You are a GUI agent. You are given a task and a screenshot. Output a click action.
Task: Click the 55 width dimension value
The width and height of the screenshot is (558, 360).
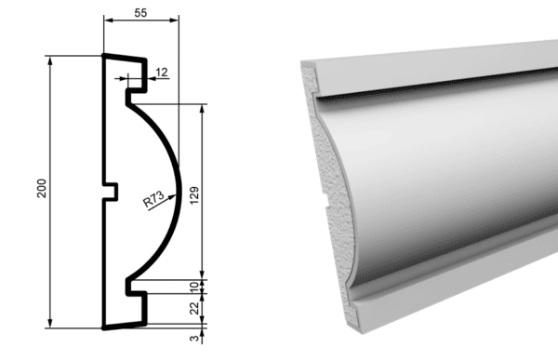pyautogui.click(x=140, y=13)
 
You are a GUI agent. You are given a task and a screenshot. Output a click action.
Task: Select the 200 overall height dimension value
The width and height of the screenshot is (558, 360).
pyautogui.click(x=42, y=188)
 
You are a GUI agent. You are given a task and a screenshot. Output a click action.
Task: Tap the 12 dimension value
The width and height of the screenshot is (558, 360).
pyautogui.click(x=162, y=73)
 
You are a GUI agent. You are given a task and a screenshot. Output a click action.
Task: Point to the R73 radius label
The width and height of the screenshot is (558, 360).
pyautogui.click(x=153, y=199)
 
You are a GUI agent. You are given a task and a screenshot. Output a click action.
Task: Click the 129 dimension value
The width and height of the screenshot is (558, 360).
pyautogui.click(x=194, y=195)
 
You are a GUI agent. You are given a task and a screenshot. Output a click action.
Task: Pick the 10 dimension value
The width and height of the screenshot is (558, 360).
pyautogui.click(x=194, y=287)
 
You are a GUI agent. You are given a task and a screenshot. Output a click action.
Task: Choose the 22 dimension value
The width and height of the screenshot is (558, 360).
pyautogui.click(x=194, y=308)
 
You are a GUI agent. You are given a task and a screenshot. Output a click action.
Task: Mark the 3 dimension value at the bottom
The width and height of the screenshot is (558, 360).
pyautogui.click(x=194, y=338)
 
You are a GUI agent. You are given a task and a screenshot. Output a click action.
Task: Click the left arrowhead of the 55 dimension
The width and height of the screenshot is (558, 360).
pyautogui.click(x=108, y=20)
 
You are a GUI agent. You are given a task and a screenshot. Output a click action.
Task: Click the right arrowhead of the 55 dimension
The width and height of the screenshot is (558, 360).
pyautogui.click(x=175, y=20)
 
